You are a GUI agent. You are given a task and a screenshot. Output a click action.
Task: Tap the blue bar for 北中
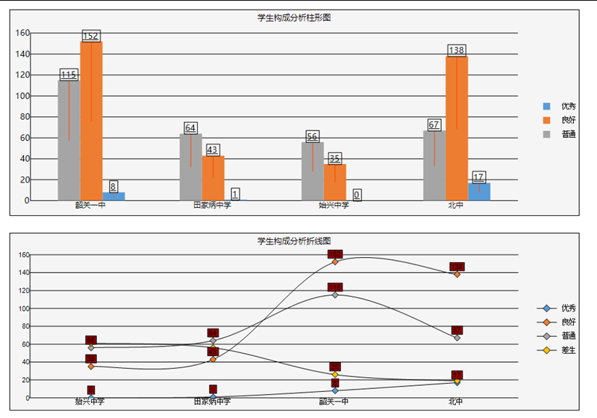click(479, 191)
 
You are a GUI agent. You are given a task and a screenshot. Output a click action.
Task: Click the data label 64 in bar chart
click(190, 127)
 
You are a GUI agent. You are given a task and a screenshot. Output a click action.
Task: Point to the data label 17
click(479, 177)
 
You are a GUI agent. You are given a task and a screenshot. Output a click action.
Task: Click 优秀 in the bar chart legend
click(568, 107)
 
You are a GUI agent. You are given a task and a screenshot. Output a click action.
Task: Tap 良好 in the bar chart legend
click(568, 120)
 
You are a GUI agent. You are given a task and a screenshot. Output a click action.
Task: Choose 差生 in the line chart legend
click(568, 349)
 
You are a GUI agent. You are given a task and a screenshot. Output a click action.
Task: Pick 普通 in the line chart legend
click(568, 335)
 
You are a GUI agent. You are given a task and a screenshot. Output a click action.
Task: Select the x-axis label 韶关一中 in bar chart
click(90, 205)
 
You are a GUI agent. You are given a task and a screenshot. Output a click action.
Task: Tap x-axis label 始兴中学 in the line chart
click(90, 402)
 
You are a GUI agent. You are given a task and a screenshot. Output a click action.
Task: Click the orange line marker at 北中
click(457, 274)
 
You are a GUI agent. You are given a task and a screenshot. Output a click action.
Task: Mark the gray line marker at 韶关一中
click(335, 295)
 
